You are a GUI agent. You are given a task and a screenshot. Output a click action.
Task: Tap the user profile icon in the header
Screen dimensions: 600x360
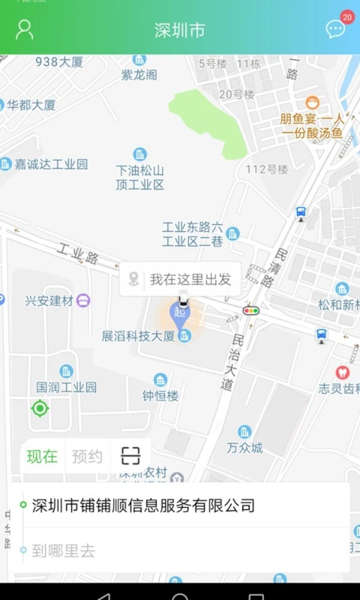24,29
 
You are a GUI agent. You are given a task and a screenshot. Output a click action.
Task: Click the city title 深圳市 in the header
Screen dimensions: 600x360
179,31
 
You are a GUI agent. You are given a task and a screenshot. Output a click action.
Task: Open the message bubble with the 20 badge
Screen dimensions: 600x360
335,29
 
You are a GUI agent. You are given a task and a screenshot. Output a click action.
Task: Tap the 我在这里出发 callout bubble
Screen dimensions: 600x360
180,279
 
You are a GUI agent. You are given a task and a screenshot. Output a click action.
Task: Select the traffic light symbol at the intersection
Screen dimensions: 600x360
251,310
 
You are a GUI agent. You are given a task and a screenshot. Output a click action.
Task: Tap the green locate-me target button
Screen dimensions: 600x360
40,409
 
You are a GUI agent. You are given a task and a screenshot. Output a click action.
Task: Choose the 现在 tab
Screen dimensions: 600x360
42,457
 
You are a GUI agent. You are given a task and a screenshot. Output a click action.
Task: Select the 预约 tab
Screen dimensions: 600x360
87,457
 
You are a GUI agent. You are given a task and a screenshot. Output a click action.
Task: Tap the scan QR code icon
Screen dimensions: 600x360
130,456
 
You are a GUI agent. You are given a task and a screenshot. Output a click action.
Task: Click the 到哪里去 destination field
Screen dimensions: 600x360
64,551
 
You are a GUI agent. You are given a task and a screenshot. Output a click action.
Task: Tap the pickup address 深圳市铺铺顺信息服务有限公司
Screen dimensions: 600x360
143,505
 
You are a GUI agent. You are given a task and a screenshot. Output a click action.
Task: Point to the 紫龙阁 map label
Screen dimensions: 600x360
139,74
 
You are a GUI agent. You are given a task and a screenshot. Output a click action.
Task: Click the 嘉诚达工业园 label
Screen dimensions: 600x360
51,164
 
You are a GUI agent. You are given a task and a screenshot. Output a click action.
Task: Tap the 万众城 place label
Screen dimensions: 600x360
245,448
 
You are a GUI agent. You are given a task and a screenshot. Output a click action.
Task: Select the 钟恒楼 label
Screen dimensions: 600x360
160,395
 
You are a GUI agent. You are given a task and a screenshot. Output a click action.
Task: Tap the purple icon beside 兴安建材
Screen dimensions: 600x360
83,301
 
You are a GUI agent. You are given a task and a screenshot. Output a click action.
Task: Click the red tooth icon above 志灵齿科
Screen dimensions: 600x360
342,373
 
